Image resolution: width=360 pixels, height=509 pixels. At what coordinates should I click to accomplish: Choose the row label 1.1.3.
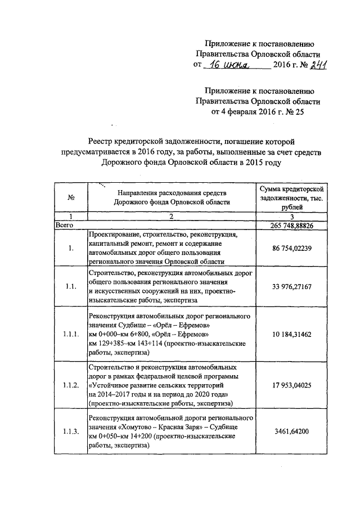[x=70, y=431]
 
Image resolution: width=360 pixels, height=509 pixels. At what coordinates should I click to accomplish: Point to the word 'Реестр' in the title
[x=102, y=142]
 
